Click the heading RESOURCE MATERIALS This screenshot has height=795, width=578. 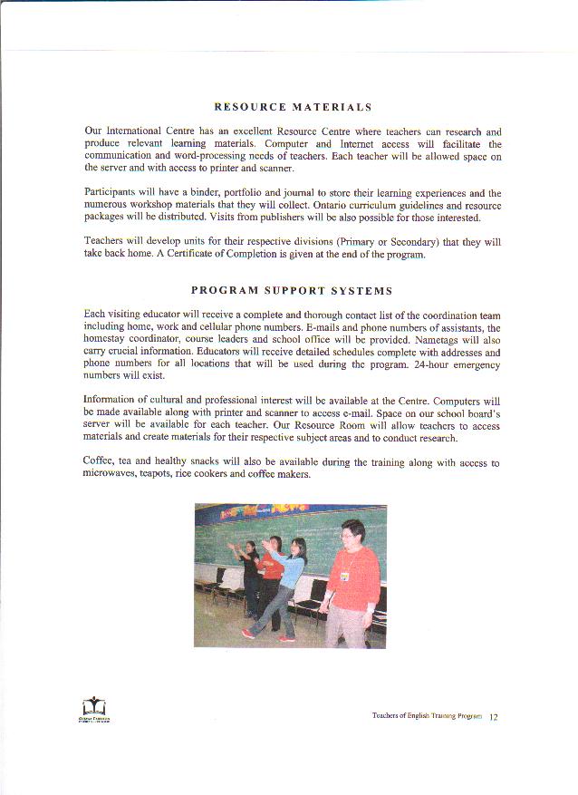293,107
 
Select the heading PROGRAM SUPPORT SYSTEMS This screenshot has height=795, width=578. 292,291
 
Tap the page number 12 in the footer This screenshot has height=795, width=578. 494,717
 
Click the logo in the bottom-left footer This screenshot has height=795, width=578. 93,708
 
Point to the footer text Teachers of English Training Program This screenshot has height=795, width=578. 426,717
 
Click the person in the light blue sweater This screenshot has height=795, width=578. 288,580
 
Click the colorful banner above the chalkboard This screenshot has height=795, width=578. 290,517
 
